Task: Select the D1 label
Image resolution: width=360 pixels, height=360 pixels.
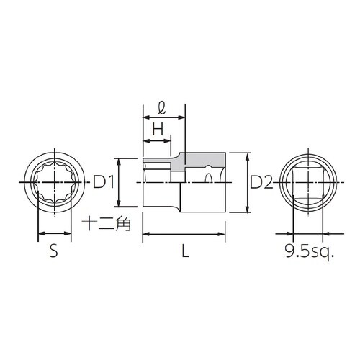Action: (x=105, y=183)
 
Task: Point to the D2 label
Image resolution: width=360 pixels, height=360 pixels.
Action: (x=261, y=183)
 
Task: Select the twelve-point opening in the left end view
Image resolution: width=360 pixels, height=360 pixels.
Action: (x=54, y=183)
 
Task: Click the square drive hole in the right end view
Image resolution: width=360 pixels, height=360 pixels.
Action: (x=308, y=183)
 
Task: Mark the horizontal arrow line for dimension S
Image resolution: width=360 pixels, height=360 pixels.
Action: (x=55, y=233)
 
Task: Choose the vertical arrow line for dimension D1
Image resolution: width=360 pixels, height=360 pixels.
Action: (x=119, y=183)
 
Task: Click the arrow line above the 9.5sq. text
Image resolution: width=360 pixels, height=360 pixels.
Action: (x=308, y=233)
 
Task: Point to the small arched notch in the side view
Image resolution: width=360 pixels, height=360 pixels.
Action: (x=207, y=175)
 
